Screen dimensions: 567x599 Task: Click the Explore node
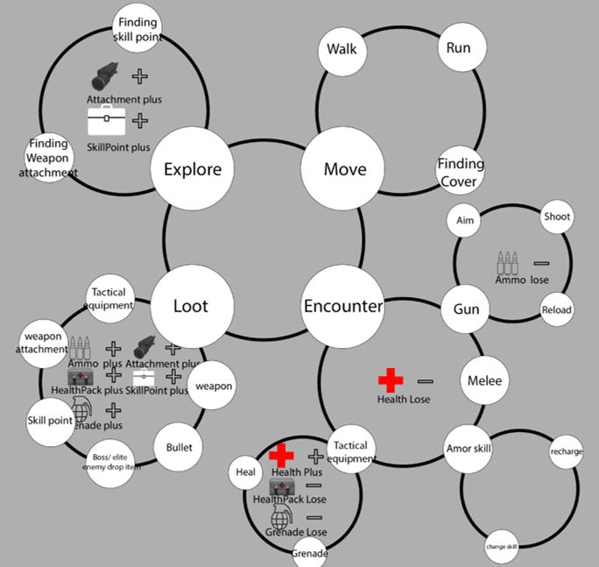click(193, 169)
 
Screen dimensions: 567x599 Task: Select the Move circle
click(345, 169)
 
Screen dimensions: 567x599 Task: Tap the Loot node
click(191, 307)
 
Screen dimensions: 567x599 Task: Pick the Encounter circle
click(343, 307)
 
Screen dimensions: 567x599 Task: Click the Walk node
click(342, 48)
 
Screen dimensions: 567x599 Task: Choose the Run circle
click(458, 48)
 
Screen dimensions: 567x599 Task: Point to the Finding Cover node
click(460, 173)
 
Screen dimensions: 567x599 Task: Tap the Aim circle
click(465, 221)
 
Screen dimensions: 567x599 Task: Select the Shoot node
click(557, 216)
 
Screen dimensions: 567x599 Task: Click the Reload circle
click(556, 310)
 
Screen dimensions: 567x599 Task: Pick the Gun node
click(466, 309)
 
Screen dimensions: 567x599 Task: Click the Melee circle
click(484, 381)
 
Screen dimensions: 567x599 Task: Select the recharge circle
click(567, 452)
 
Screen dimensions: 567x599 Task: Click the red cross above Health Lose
click(391, 380)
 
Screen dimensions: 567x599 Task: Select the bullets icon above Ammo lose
click(508, 263)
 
